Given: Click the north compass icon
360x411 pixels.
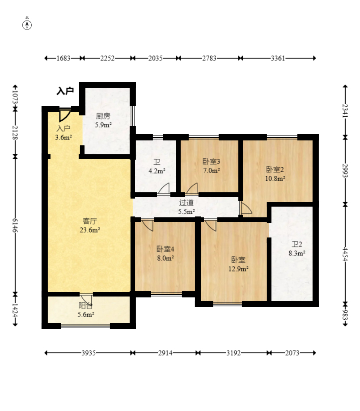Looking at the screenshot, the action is pos(27,25).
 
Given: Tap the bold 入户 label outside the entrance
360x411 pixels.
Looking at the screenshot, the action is pos(65,91).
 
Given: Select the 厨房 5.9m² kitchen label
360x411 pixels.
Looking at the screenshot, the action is pos(103,120).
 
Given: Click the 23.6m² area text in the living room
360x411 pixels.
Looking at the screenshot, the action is pos(90,230).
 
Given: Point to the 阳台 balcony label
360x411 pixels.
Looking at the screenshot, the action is pos(85,305).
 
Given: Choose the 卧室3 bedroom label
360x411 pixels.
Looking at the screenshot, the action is pos(212,161).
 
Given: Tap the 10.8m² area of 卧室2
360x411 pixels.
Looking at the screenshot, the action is pos(275,178).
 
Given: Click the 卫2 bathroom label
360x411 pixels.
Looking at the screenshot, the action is pos(297,244).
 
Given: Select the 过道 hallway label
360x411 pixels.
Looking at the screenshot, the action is pos(186,203).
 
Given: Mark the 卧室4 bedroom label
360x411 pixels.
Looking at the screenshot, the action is pos(165,249).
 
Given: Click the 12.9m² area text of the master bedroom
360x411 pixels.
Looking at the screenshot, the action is pos(238,269).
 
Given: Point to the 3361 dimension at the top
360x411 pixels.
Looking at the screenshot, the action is pos(278,58).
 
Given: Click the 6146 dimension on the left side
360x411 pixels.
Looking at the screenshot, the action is pos(15,225).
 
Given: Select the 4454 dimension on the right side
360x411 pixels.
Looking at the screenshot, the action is pos(345,254).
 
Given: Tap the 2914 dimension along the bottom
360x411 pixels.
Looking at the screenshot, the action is pos(165,353).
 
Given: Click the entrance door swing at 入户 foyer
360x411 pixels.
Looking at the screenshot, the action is pos(65,115).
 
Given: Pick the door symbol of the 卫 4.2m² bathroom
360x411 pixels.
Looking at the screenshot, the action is pos(164,188).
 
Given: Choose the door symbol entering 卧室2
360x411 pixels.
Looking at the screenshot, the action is pos(246,208).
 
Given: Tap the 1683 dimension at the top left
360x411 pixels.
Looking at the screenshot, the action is pos(64,58).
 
